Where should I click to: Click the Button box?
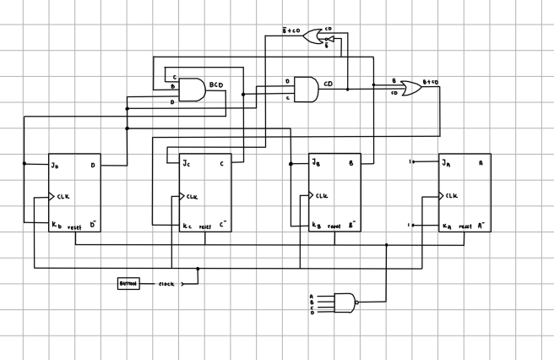tap(128, 284)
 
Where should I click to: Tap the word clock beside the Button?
tap(166, 284)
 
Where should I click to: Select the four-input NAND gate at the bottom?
tap(345, 301)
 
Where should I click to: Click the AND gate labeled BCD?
tap(192, 90)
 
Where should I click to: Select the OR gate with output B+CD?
tap(414, 88)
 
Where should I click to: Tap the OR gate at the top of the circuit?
tap(312, 35)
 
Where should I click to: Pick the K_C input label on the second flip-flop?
tap(187, 226)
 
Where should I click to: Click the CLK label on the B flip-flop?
tap(322, 196)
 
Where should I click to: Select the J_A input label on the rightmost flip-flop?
tap(445, 163)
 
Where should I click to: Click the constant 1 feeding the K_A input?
tap(409, 226)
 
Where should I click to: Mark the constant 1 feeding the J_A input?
tap(409, 161)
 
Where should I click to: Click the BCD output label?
tap(216, 85)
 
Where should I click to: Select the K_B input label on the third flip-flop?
tap(316, 226)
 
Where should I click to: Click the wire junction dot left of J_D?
tap(24, 164)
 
